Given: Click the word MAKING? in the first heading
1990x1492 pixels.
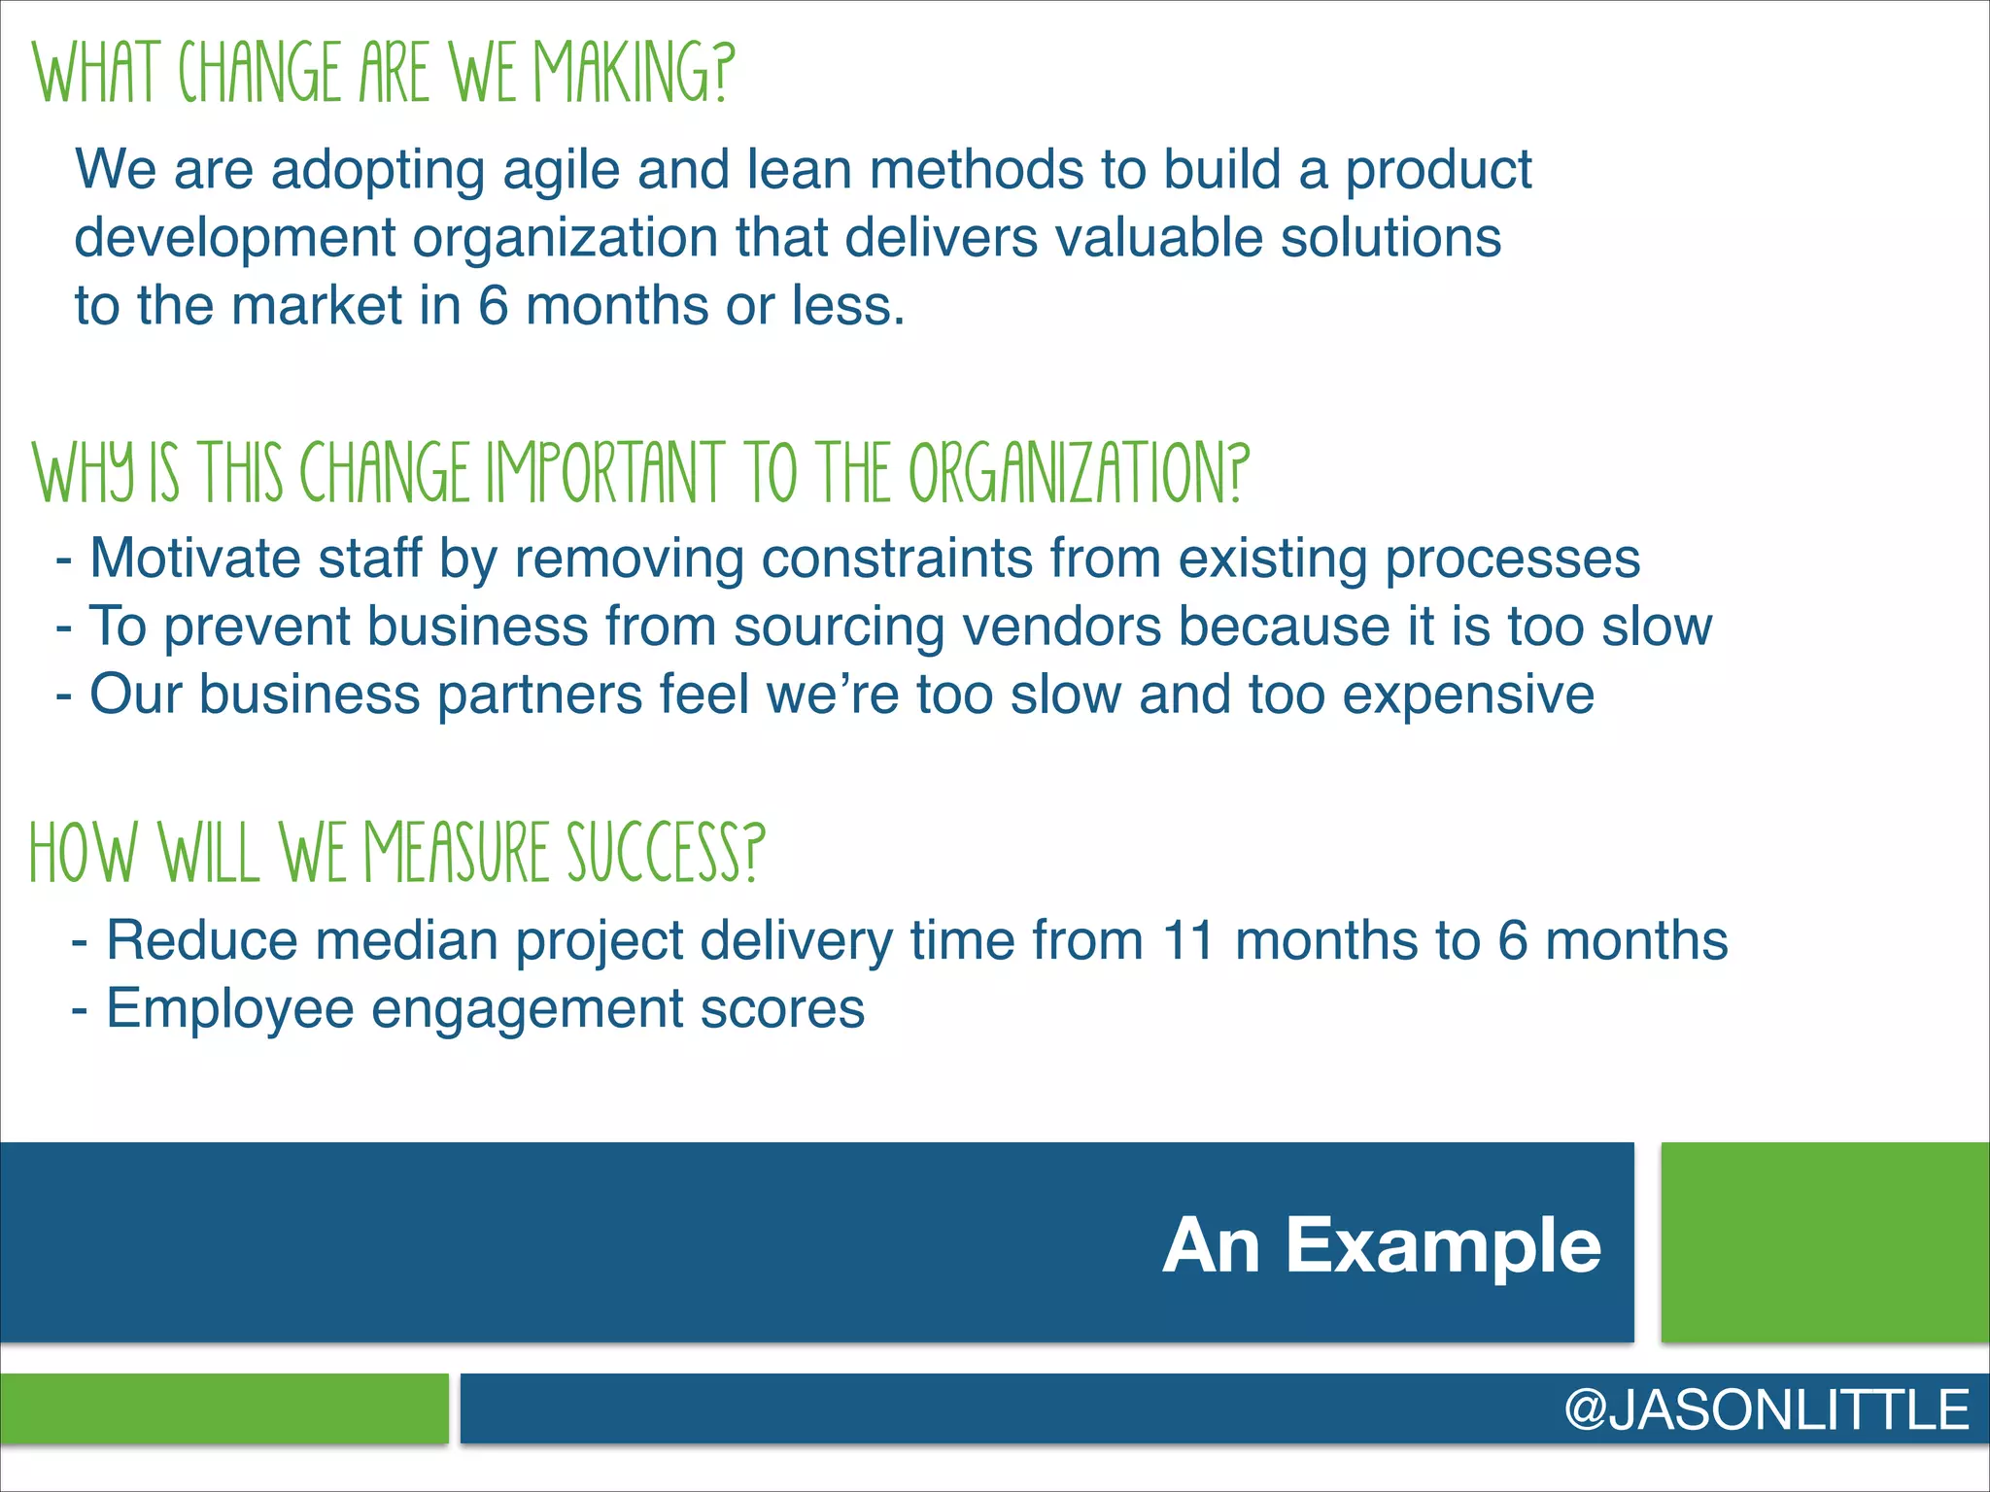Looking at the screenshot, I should [635, 73].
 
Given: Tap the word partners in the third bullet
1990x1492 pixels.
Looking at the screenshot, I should [539, 695].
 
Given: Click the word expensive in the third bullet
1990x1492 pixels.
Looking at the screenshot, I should [1468, 696].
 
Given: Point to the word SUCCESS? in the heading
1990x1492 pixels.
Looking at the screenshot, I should [666, 852].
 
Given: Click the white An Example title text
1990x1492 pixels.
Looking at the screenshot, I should [1381, 1246].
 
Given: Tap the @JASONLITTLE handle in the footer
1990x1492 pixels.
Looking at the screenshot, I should [1767, 1409].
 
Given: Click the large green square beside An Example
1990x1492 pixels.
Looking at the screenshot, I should [1825, 1242].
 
